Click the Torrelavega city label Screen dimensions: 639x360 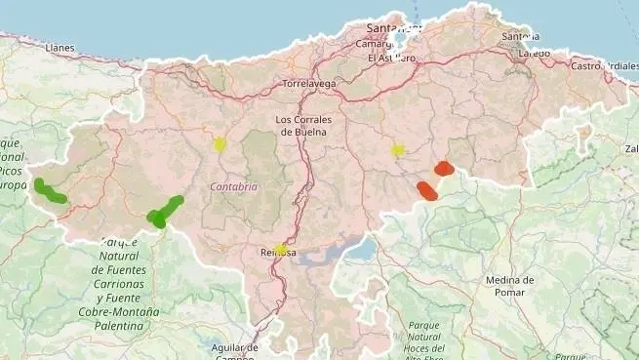[308, 84]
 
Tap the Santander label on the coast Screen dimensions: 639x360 [392, 28]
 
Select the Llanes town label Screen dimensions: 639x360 [60, 47]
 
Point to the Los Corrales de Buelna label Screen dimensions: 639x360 [304, 126]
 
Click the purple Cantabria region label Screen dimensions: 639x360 [234, 186]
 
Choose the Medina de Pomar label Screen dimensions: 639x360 [509, 287]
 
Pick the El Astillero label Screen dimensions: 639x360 [391, 58]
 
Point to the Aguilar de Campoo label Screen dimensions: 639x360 [234, 351]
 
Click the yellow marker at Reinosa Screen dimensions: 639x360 [281, 249]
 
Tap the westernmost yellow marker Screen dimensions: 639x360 [220, 144]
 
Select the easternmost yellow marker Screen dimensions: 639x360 [398, 150]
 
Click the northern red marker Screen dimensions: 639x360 [444, 168]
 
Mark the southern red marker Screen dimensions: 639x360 [427, 190]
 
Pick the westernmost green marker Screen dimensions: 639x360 [48, 190]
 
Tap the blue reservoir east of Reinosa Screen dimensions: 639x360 [359, 252]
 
